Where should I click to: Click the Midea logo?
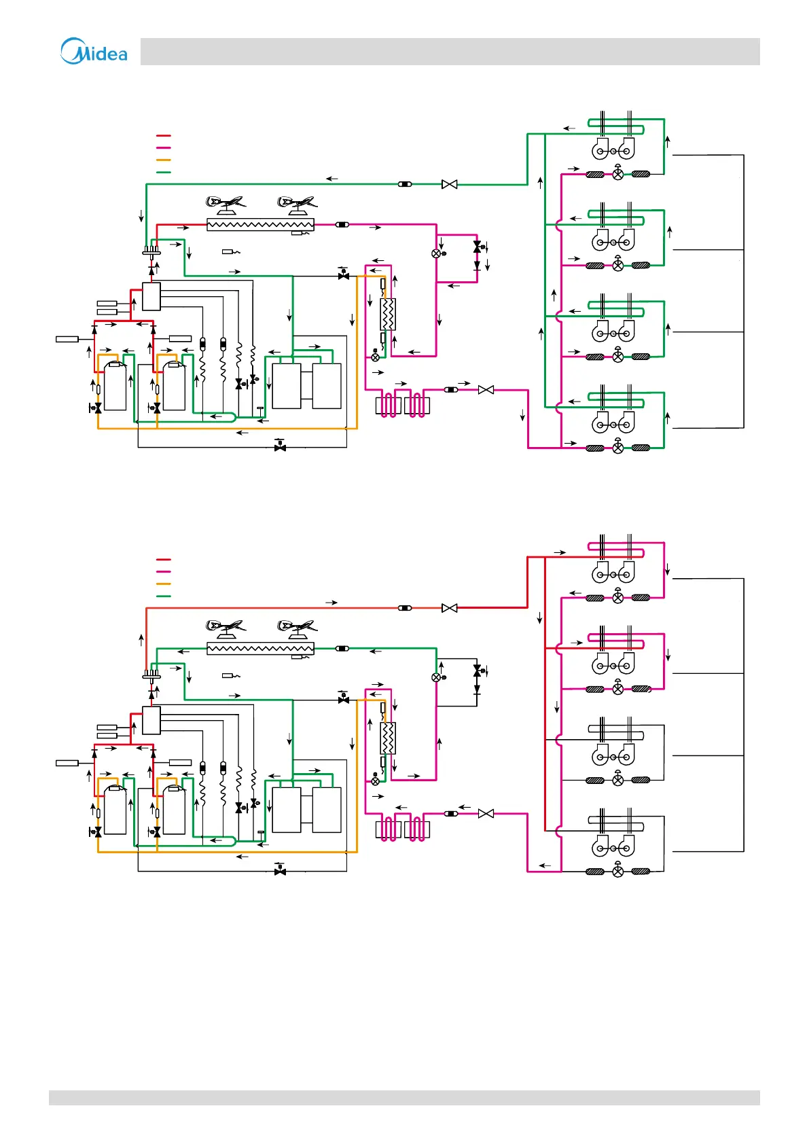(x=94, y=52)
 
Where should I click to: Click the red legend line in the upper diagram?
(x=163, y=136)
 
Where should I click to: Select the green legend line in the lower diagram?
(x=163, y=596)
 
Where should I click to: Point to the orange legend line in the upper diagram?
(x=163, y=160)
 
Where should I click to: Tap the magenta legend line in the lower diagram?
(x=163, y=571)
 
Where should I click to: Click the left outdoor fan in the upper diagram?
(x=225, y=203)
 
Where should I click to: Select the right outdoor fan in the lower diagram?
(x=297, y=627)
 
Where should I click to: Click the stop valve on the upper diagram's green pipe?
(x=449, y=184)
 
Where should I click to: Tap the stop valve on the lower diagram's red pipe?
(x=449, y=608)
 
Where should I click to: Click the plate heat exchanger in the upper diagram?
(x=388, y=315)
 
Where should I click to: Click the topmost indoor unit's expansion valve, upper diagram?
(x=618, y=173)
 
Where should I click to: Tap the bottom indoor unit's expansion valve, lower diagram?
(x=618, y=871)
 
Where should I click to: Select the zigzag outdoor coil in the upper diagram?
(x=260, y=225)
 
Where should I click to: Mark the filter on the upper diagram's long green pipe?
(x=405, y=184)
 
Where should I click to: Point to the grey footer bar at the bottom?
(x=404, y=1098)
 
